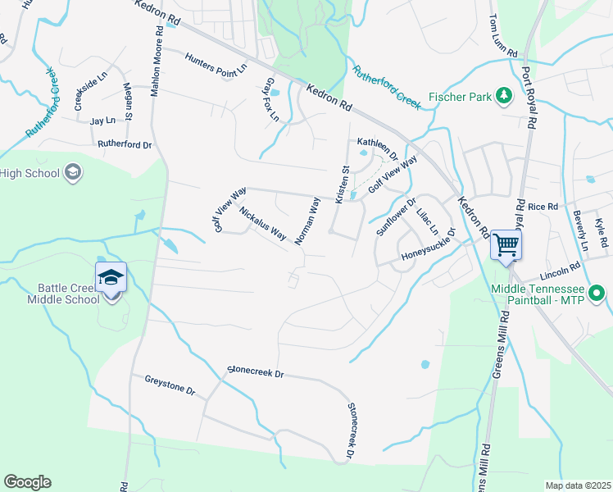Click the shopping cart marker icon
506,244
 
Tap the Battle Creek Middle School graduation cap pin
111,277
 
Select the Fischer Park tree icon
503,97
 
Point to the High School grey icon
73,172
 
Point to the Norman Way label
306,221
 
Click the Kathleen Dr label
377,148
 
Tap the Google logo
27,482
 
